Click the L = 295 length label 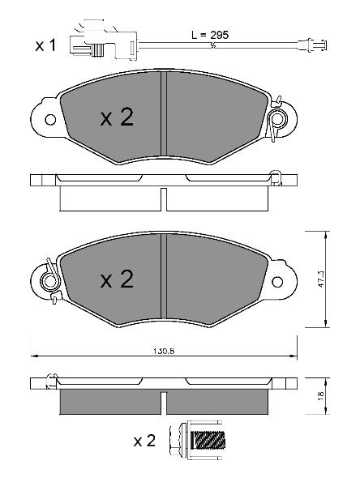point(210,35)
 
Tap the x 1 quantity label point(45,45)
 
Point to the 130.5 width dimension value point(164,352)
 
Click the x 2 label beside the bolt point(144,441)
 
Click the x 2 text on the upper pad point(117,117)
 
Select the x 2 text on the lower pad point(117,279)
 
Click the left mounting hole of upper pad point(50,119)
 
